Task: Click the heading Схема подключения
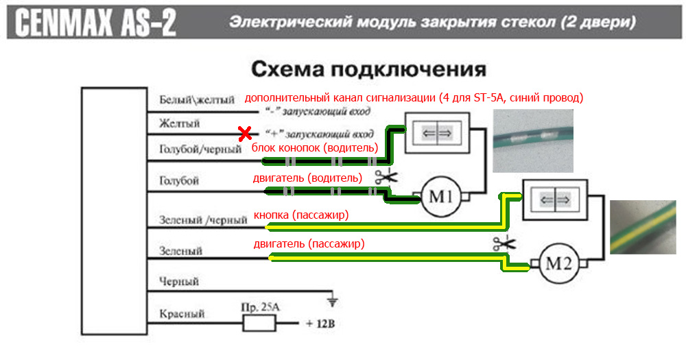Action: coord(369,69)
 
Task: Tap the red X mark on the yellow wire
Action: coord(242,133)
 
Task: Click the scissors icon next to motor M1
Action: coord(386,178)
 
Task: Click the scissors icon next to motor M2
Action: coord(504,242)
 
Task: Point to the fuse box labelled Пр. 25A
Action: coord(259,323)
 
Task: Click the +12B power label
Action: coord(319,324)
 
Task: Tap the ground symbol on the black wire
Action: coord(333,300)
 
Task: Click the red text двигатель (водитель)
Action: coord(307,178)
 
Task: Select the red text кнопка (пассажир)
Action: coord(301,215)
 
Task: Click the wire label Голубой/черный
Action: coord(200,148)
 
